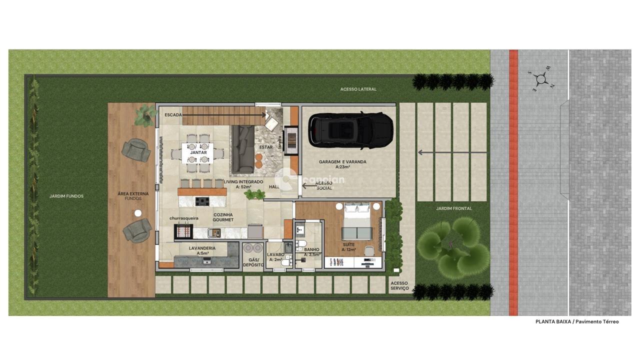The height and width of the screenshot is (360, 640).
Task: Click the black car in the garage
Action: tap(350, 130)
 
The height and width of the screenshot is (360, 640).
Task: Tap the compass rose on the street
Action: tap(540, 78)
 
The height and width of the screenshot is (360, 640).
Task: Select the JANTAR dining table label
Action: tap(198, 152)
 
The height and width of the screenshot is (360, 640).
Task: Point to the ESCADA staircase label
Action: tap(173, 115)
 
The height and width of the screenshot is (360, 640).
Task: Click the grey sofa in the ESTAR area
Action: tap(242, 149)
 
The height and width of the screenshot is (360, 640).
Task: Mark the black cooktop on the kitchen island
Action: tap(202, 201)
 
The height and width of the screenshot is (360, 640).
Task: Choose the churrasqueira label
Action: tap(183, 218)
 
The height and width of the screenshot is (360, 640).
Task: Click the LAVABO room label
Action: tap(275, 253)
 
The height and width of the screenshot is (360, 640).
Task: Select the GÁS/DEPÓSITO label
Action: tap(253, 262)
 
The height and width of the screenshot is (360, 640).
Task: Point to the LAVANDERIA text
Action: tap(202, 248)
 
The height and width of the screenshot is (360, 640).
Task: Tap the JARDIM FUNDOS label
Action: tap(66, 196)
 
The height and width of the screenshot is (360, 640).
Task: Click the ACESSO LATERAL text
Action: tap(358, 89)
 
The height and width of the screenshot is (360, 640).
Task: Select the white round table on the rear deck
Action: tap(138, 213)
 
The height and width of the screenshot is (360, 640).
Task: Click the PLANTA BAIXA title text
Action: tap(576, 321)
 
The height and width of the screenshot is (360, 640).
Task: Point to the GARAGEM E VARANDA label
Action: tap(342, 162)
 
